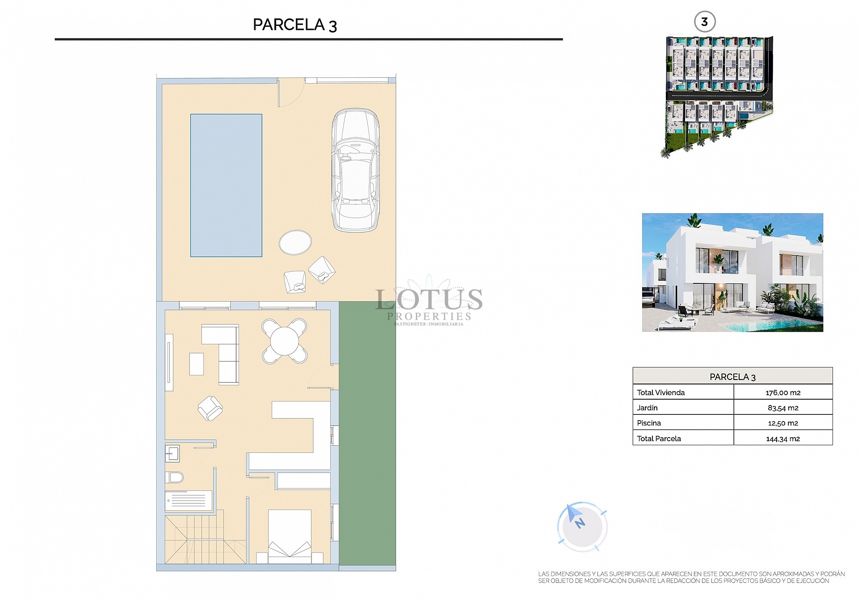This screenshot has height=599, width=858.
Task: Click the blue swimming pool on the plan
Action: click(226, 185)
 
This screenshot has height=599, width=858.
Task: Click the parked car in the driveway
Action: click(355, 170)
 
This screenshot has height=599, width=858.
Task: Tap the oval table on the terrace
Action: click(295, 242)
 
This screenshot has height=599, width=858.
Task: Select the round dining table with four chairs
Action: click(285, 341)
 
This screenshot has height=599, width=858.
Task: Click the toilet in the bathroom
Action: click(175, 477)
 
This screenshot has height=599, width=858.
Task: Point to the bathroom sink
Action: click(172, 454)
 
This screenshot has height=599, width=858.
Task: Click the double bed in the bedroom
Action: click(290, 536)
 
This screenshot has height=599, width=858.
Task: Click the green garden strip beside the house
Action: click(367, 434)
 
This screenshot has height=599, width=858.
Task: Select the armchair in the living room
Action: click(210, 408)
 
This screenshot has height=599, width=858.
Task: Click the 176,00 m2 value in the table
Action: click(782, 392)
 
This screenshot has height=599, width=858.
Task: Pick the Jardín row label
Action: click(647, 408)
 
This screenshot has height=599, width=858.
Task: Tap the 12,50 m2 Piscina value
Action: click(782, 423)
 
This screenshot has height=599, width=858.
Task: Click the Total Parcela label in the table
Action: click(659, 439)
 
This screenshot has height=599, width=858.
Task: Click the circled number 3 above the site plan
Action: click(704, 22)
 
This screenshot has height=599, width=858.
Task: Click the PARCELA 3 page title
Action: click(294, 25)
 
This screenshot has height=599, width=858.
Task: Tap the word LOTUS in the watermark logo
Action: click(429, 299)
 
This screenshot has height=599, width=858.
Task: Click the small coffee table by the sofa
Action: click(197, 363)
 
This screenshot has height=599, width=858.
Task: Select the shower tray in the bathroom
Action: click(188, 501)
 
